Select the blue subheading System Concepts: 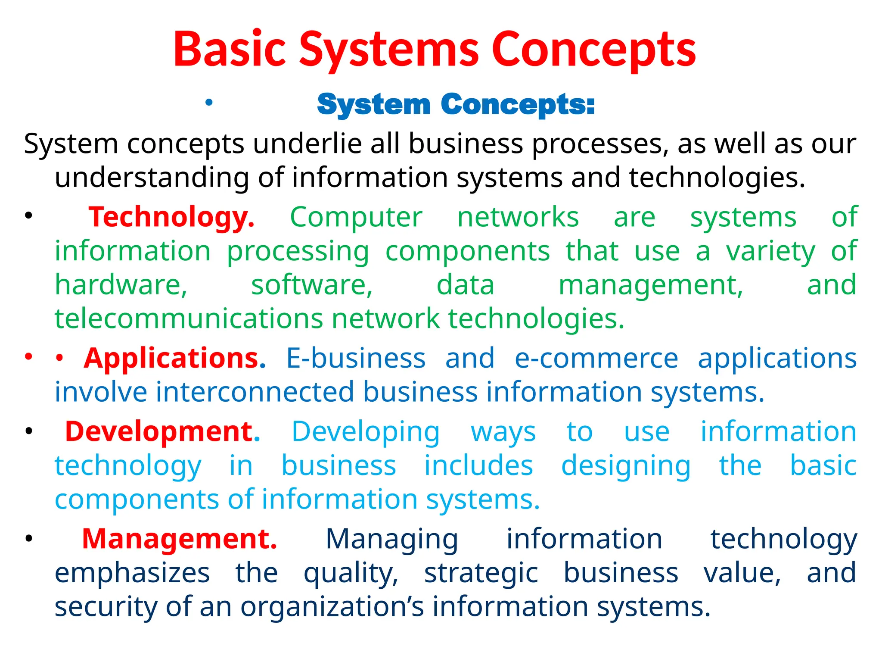coord(456,105)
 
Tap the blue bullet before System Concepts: coord(209,103)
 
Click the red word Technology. coord(171,217)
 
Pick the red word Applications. coord(175,358)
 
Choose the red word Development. coord(162,431)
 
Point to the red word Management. coord(180,539)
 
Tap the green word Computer coord(356,217)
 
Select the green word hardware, coord(121,285)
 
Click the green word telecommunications coord(189,319)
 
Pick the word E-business coord(356,358)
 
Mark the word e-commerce coord(596,358)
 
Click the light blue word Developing coord(366,432)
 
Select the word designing coord(626,466)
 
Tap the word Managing coord(391,540)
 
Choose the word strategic coord(481,573)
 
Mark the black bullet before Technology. coord(29,216)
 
